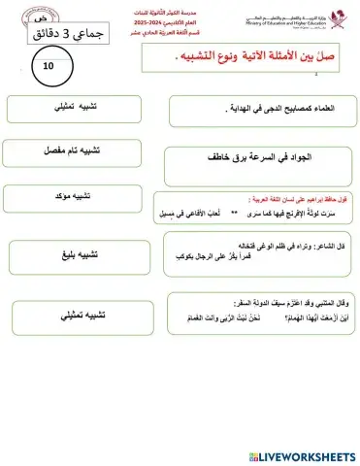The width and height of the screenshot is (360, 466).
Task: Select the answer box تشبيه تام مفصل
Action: [x=66, y=151]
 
